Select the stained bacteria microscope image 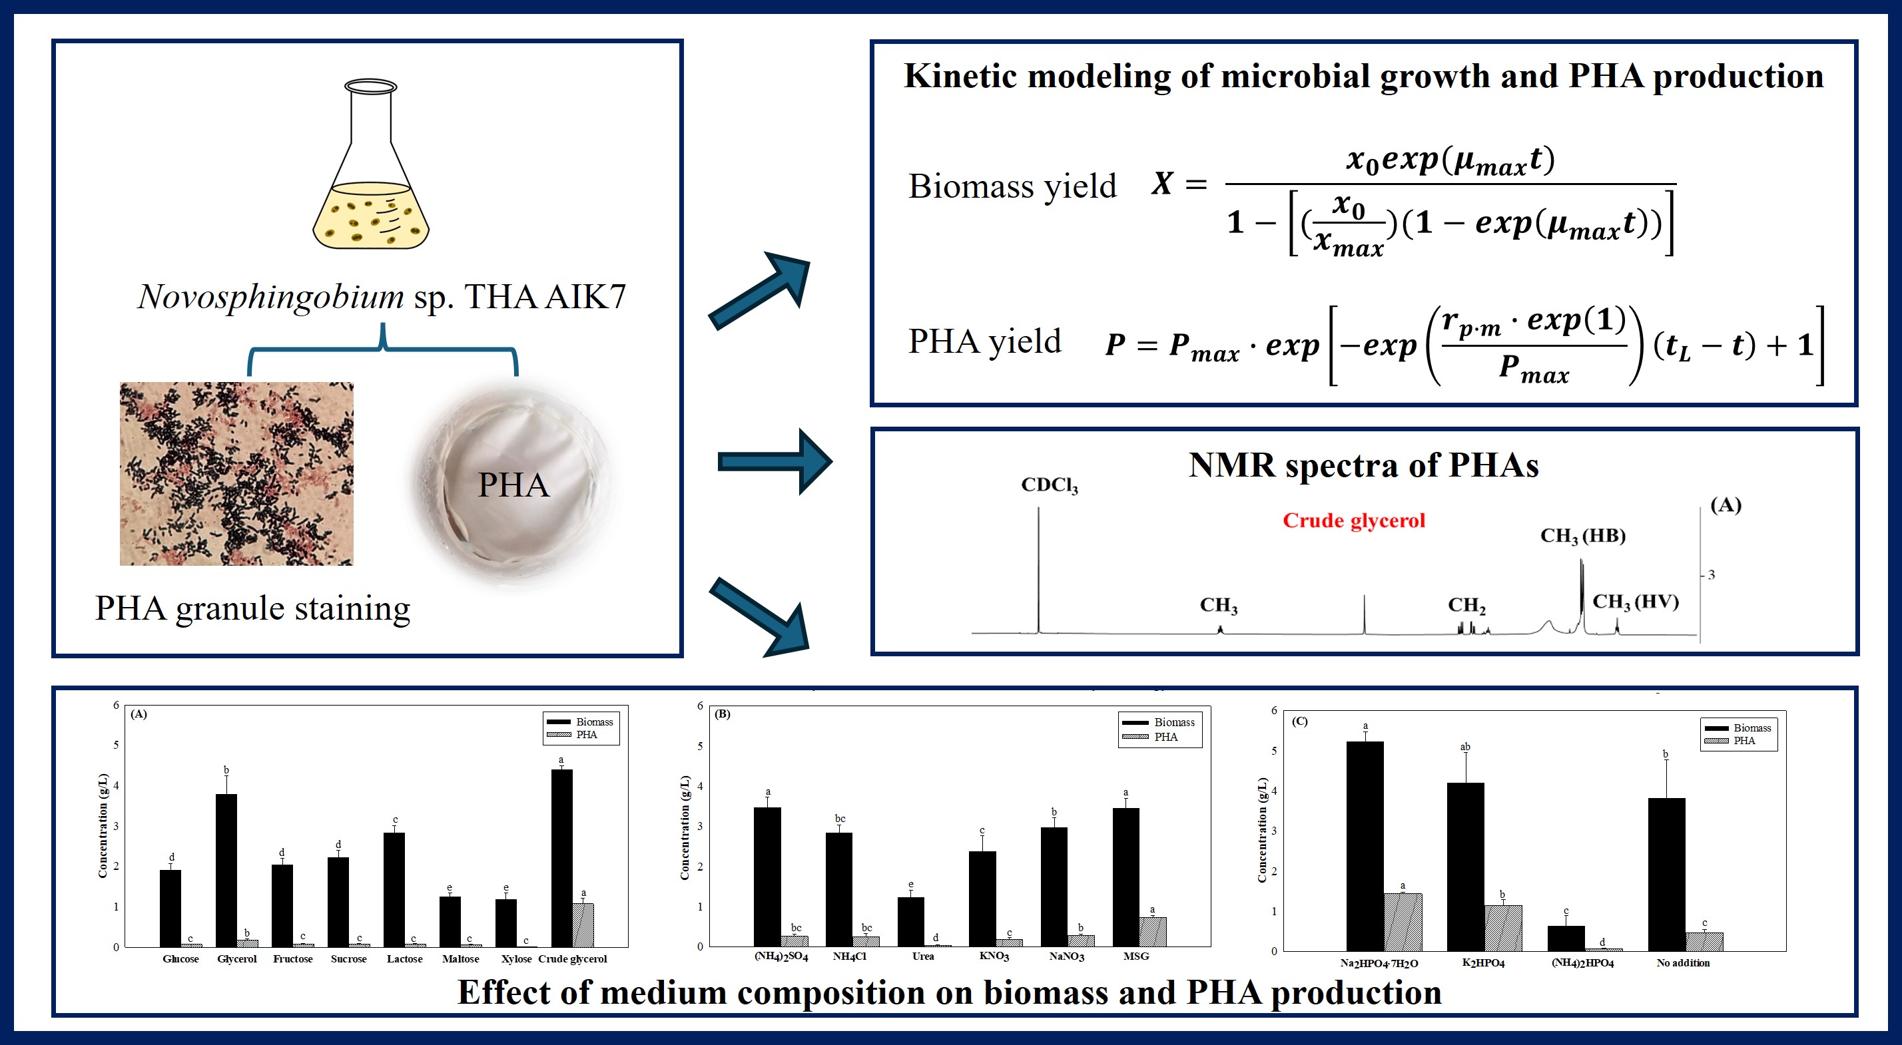click(x=236, y=473)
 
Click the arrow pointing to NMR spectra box click(x=775, y=462)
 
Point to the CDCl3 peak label click(x=1049, y=485)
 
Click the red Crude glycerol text click(x=1353, y=521)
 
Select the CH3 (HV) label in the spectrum click(x=1636, y=602)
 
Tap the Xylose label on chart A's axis click(x=516, y=958)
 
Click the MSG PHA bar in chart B click(x=1153, y=931)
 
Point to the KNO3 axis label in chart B click(x=994, y=956)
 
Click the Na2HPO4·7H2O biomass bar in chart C click(x=1365, y=846)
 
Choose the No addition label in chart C click(x=1683, y=962)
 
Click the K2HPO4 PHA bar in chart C click(x=1503, y=928)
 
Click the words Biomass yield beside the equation click(x=1012, y=186)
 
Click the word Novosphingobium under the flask click(x=271, y=297)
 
